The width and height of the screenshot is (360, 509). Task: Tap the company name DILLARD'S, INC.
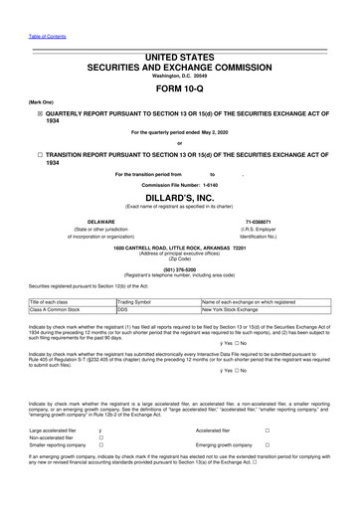point(180,197)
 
